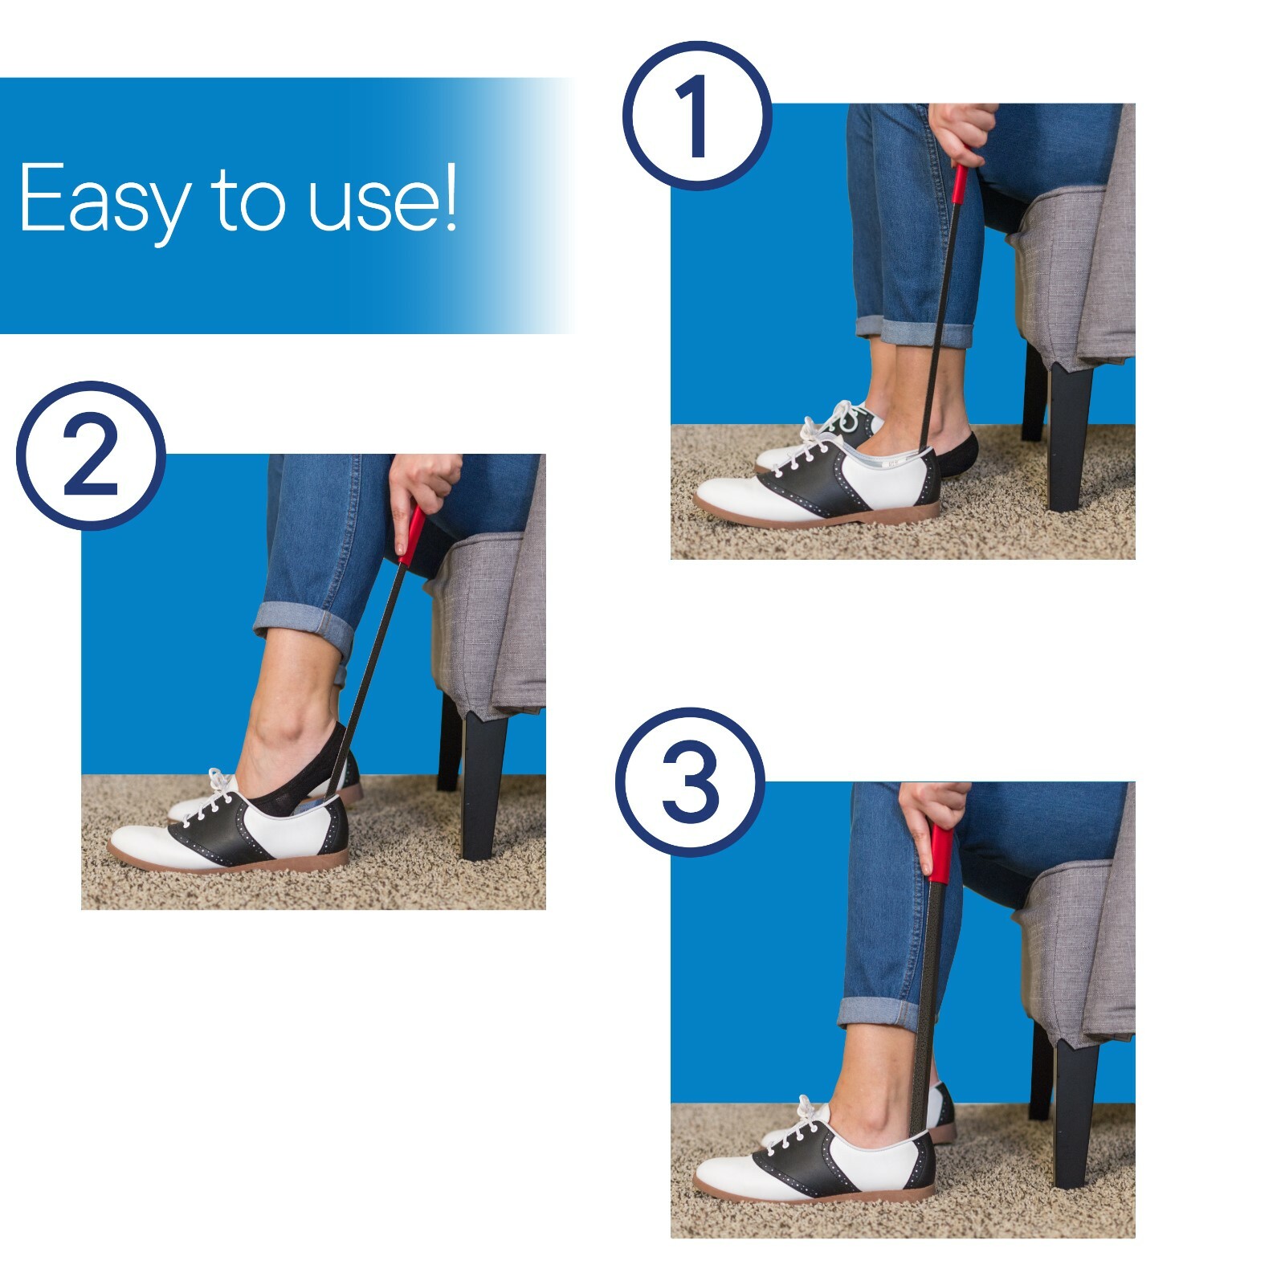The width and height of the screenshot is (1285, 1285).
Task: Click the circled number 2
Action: pos(91,455)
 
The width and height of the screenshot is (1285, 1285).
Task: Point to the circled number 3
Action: pos(690,782)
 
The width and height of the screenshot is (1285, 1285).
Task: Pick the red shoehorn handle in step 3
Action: pos(940,853)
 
